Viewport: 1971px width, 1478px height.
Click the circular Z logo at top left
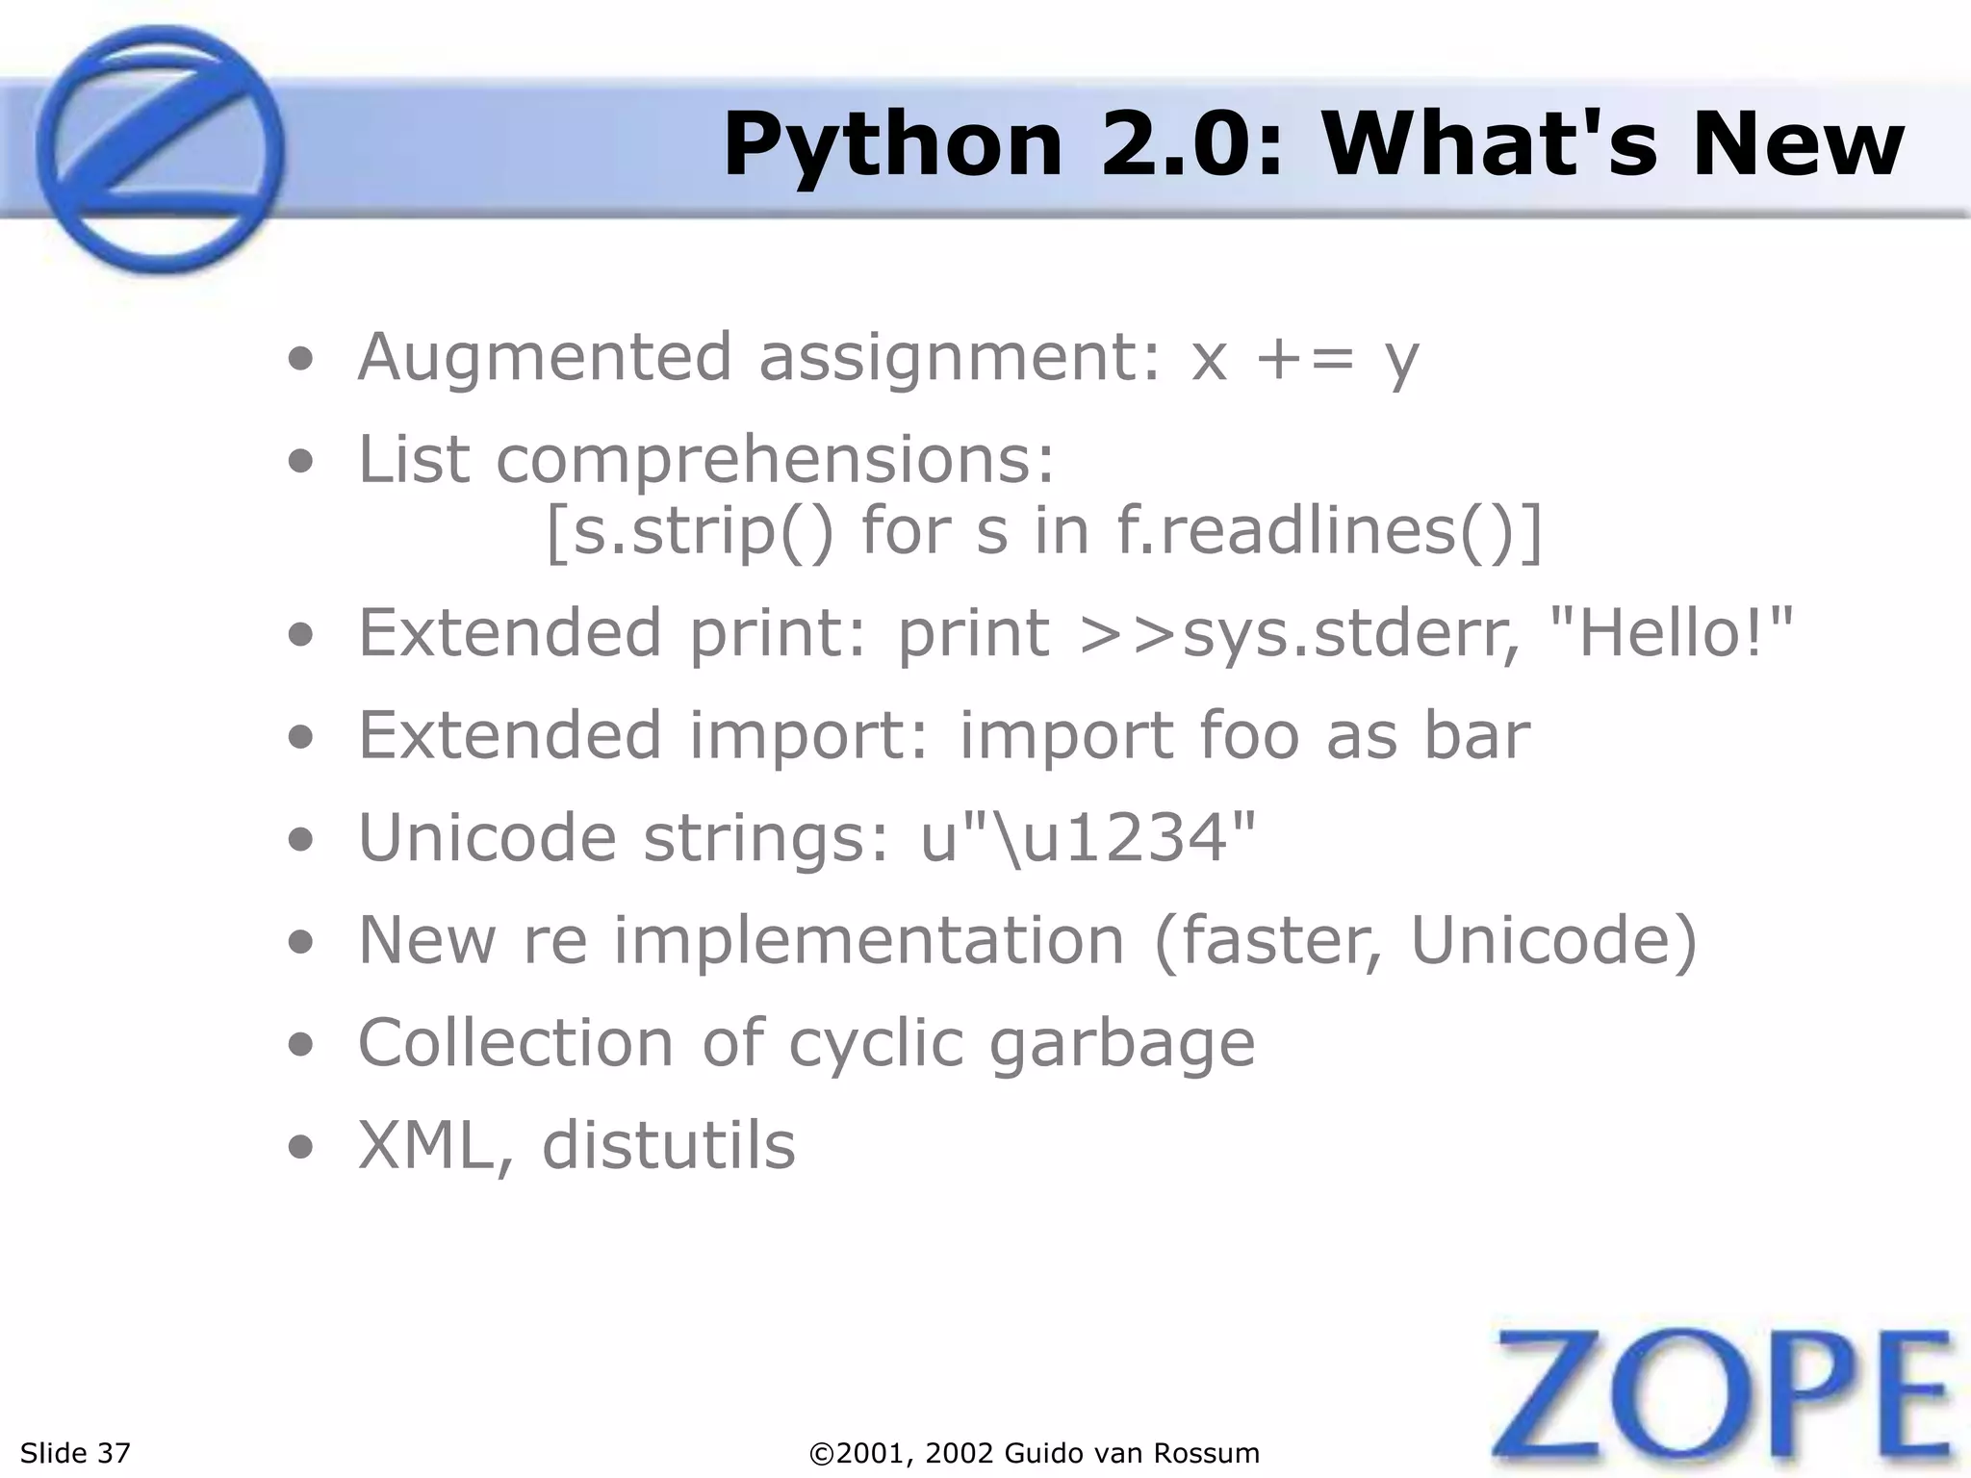click(x=160, y=149)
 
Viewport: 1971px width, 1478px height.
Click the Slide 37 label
click(x=75, y=1453)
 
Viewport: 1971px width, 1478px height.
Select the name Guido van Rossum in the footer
click(x=1132, y=1453)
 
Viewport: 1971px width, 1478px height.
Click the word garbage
click(x=1122, y=1044)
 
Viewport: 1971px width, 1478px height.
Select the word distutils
click(x=669, y=1146)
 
